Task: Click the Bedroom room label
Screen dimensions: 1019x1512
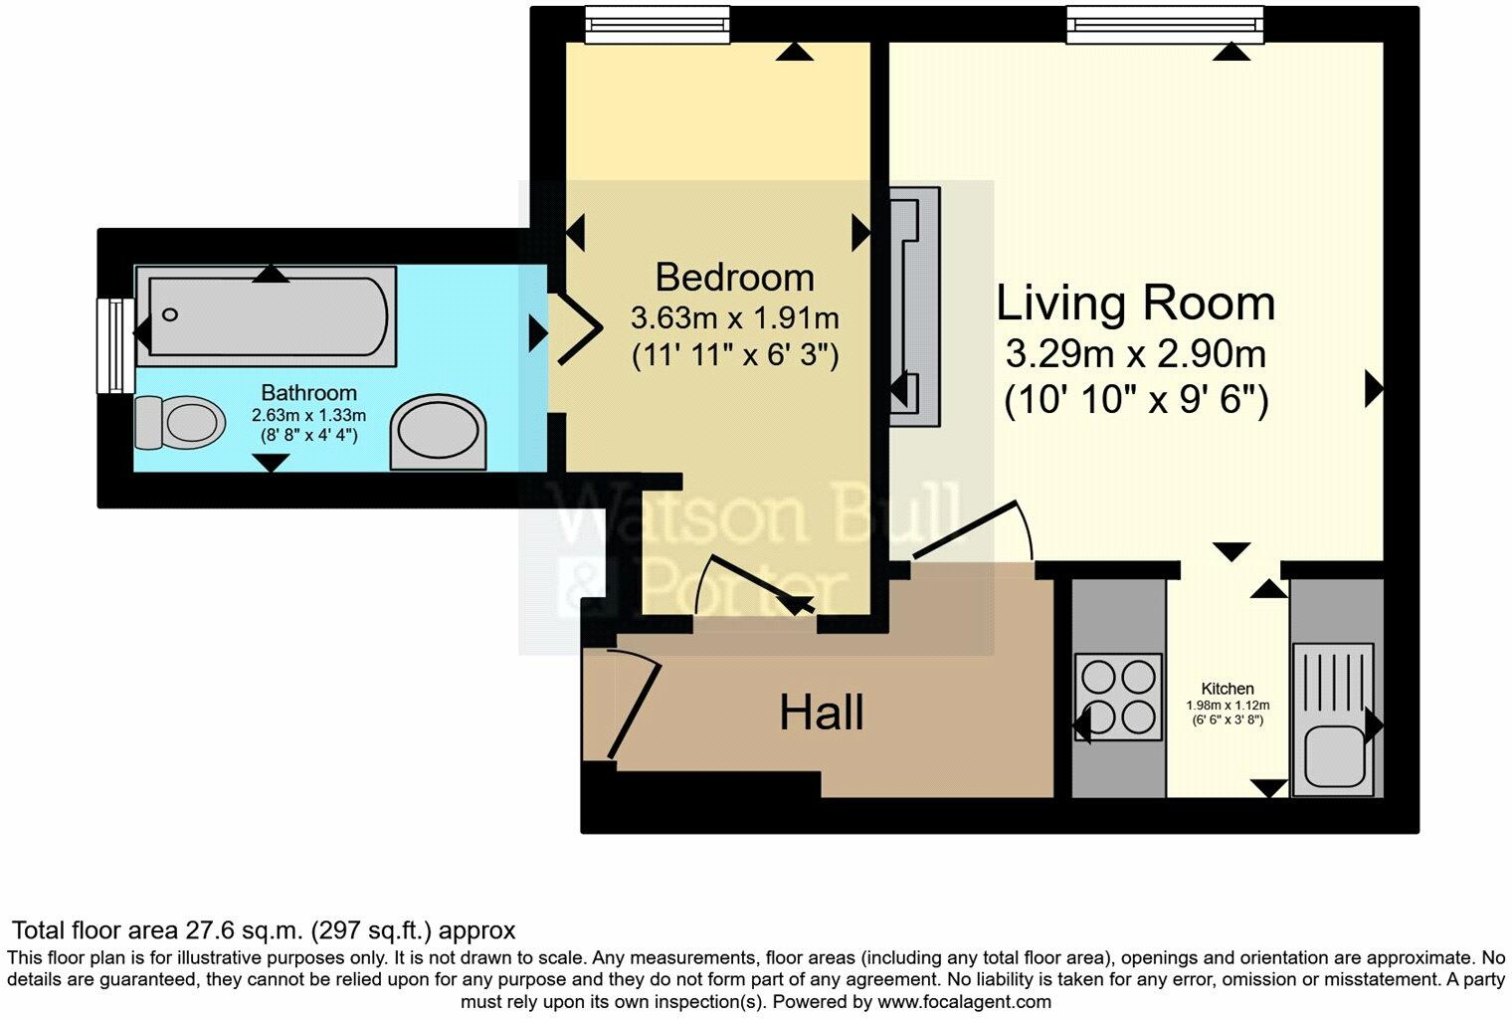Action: (x=734, y=277)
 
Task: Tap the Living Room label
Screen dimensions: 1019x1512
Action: (x=1135, y=304)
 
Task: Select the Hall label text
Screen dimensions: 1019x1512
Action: (x=821, y=713)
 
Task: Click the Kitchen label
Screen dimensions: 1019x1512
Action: (x=1228, y=689)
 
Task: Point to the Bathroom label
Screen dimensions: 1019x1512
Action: (x=308, y=392)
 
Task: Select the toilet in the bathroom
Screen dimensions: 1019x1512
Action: (x=178, y=421)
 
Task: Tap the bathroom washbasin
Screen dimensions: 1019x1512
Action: (x=439, y=434)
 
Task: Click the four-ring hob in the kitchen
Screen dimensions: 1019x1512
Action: (x=1118, y=697)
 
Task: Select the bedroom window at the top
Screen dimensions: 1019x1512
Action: (x=657, y=24)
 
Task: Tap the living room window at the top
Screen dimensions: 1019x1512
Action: (x=1165, y=24)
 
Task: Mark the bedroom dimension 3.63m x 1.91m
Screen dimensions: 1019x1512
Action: (x=734, y=318)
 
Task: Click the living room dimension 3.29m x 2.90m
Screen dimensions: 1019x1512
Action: (x=1135, y=354)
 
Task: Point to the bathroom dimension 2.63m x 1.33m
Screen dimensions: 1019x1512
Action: (x=308, y=415)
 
